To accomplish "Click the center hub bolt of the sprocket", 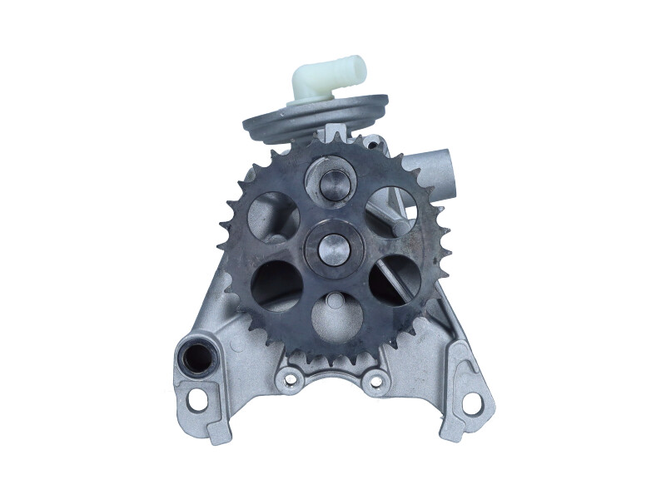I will click(331, 245).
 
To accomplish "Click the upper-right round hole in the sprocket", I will click(390, 210).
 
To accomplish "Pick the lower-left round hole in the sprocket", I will click(277, 284).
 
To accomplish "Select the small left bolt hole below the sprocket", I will click(290, 381).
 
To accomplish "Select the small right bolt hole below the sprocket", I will click(377, 381).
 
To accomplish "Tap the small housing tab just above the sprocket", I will click(335, 131).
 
